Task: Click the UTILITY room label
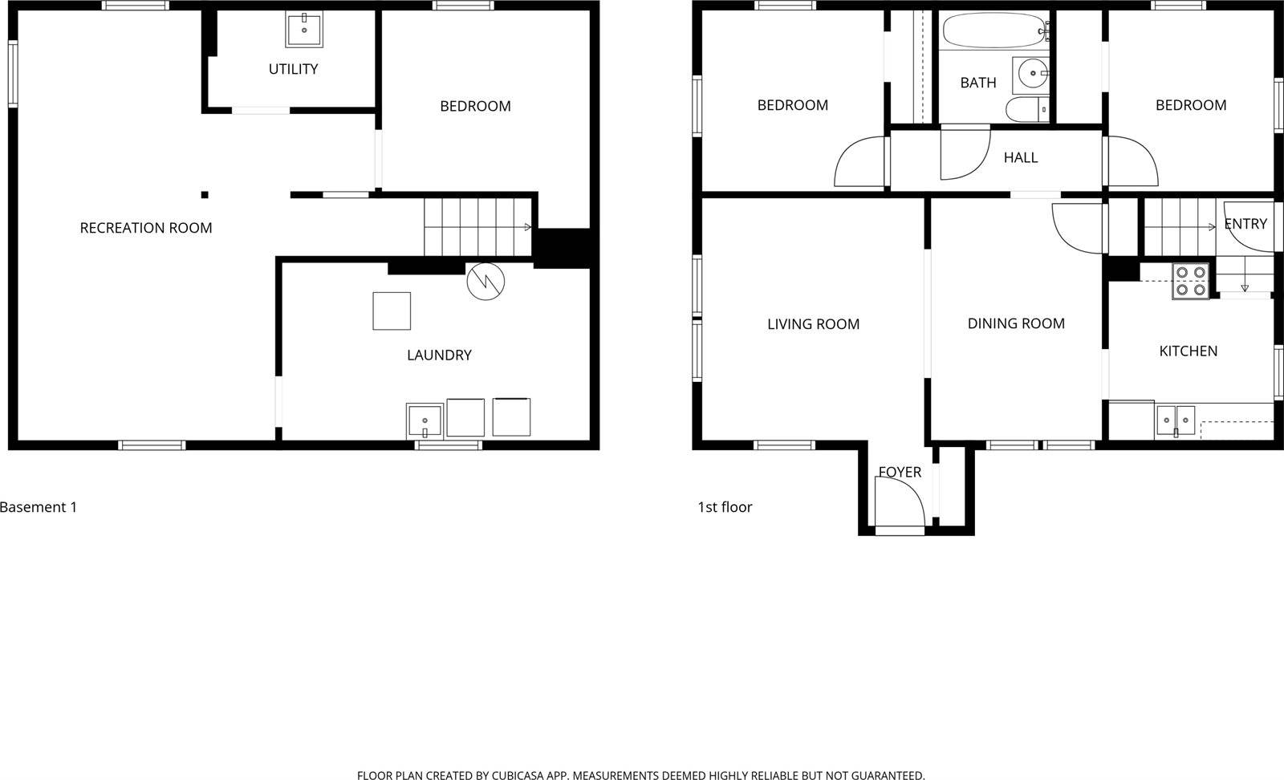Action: tap(293, 69)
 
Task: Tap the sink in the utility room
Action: tap(304, 30)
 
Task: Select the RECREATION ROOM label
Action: tap(146, 228)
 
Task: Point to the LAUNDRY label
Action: tap(439, 355)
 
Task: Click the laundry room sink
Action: tap(425, 420)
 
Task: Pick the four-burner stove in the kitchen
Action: tap(1190, 281)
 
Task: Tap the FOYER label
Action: tap(900, 472)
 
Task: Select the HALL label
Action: tap(1021, 157)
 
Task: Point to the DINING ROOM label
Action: tap(1016, 323)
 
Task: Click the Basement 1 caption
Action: tap(39, 507)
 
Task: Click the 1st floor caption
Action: tap(725, 507)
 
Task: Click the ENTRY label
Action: tap(1245, 224)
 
